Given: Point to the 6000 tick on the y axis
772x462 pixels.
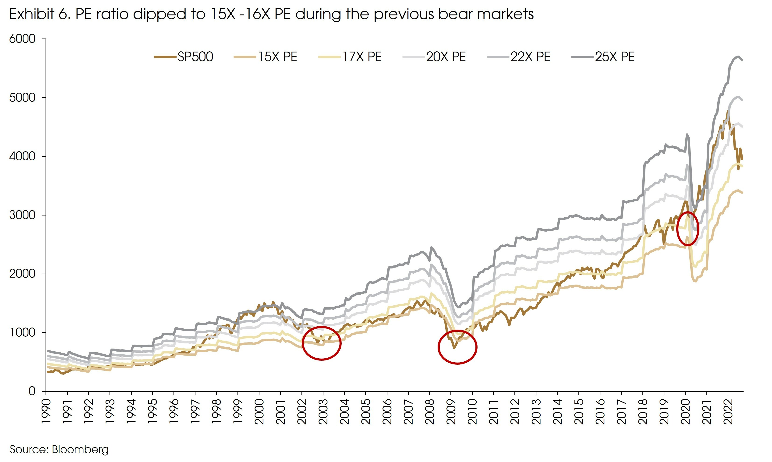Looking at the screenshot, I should pos(22,39).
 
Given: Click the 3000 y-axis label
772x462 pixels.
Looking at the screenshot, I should pos(22,215).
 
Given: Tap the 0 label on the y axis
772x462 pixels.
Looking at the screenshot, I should pos(32,391).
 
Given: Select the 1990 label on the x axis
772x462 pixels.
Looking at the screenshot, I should pos(46,412).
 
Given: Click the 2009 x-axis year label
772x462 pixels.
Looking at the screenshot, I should pos(451,412).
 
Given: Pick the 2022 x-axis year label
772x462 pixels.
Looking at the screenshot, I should pos(728,412).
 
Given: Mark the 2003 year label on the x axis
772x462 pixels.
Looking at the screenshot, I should pos(323,412).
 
